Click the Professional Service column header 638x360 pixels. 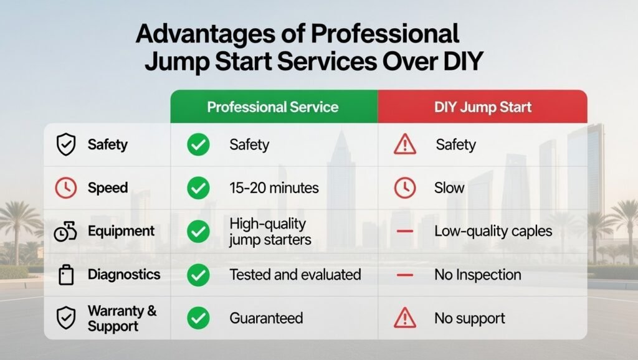click(x=273, y=107)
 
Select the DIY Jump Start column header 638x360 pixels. click(x=483, y=107)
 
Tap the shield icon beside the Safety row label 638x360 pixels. click(x=65, y=145)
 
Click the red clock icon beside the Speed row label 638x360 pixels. click(x=65, y=187)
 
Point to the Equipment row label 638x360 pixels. click(x=121, y=231)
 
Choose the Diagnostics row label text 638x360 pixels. click(x=123, y=274)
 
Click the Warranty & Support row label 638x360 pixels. click(x=122, y=318)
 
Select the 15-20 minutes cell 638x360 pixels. click(x=274, y=187)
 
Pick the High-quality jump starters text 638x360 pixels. click(x=270, y=231)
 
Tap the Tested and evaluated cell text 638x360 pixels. click(x=295, y=274)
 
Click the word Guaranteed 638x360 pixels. click(x=266, y=318)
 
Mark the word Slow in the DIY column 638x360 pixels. click(x=449, y=187)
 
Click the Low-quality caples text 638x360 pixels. click(x=493, y=231)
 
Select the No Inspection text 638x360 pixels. click(x=477, y=274)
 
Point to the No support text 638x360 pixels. click(x=470, y=318)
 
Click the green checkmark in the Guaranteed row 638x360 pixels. click(x=198, y=318)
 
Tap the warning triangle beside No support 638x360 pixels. click(x=405, y=318)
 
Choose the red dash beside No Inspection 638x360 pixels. click(x=405, y=274)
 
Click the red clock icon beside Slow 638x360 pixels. click(x=405, y=187)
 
